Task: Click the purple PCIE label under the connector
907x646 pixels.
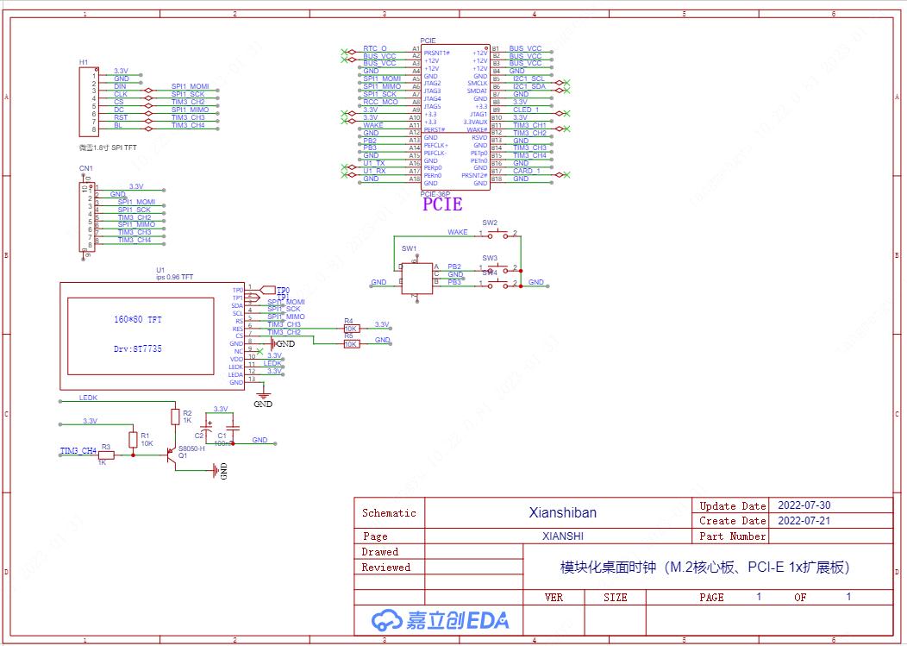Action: click(442, 204)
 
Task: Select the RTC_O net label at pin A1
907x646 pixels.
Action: click(375, 48)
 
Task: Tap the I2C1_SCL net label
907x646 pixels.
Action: click(529, 78)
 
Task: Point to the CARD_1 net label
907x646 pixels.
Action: click(526, 171)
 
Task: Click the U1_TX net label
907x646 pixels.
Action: click(374, 163)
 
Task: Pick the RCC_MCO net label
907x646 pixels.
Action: click(380, 102)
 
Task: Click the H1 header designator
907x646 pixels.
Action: click(83, 62)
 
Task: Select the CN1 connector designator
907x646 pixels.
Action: click(85, 168)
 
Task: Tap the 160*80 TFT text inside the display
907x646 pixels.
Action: click(137, 320)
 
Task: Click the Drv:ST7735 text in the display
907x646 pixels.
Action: click(137, 349)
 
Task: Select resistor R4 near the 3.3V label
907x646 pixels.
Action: click(351, 329)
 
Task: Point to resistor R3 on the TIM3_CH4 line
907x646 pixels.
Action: click(106, 455)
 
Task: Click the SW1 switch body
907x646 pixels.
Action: click(416, 279)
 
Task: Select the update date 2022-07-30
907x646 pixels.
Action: click(804, 505)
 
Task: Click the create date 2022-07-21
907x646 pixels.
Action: click(804, 521)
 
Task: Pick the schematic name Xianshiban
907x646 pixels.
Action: click(562, 512)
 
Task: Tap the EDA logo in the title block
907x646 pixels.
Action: click(440, 620)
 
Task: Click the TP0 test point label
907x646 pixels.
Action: click(283, 290)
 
